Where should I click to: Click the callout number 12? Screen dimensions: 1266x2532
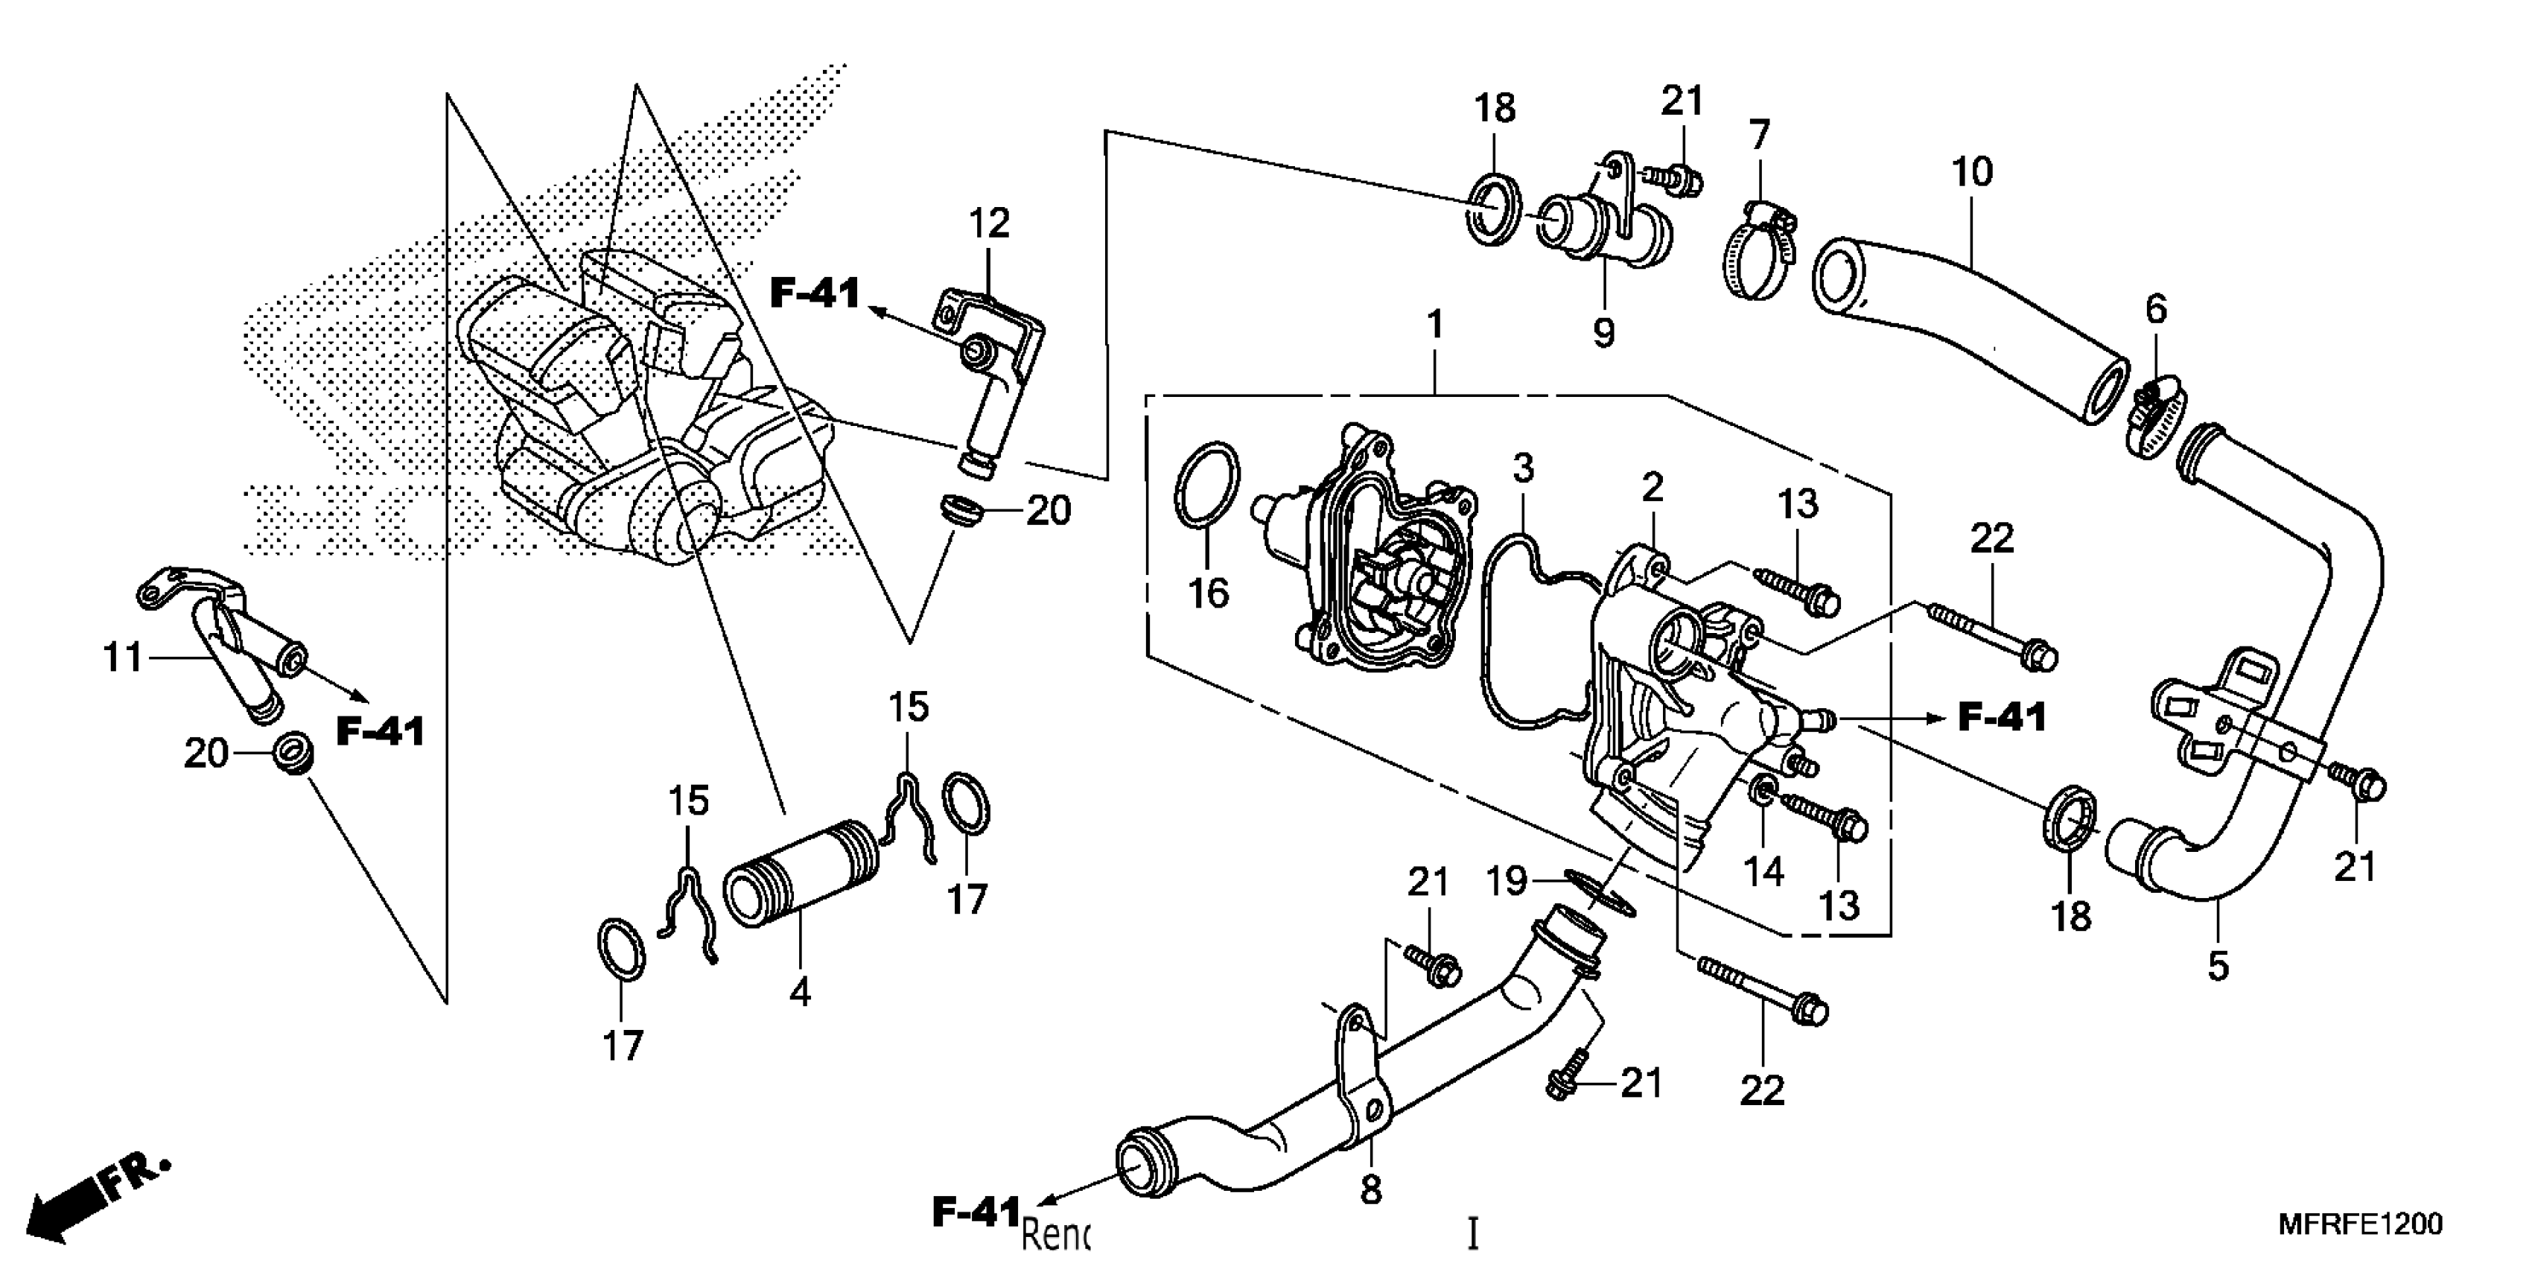point(989,224)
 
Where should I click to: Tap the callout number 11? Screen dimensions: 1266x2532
point(123,657)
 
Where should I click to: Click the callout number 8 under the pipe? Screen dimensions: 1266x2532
point(1370,1190)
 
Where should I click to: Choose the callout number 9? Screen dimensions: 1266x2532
point(1603,332)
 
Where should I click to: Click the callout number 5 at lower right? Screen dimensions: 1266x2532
point(2218,966)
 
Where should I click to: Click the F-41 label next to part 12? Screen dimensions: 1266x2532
point(815,293)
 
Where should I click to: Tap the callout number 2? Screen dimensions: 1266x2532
point(1653,486)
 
